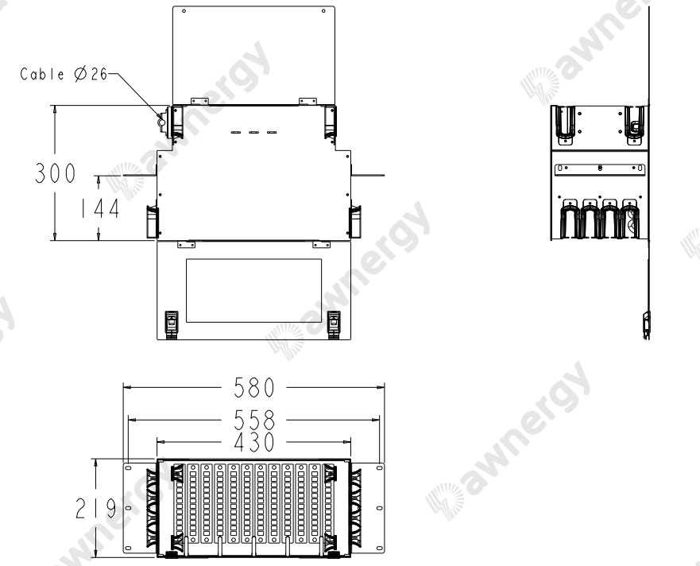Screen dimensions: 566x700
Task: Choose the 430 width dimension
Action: click(x=253, y=443)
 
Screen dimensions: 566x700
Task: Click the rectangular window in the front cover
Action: click(x=253, y=289)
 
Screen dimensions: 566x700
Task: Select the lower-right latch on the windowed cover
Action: click(x=334, y=321)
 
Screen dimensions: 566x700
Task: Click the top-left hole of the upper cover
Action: click(x=184, y=13)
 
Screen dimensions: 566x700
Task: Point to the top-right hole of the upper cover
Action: click(x=322, y=13)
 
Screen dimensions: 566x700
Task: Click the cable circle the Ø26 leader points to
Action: click(x=161, y=122)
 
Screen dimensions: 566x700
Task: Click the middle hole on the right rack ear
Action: click(x=379, y=508)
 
